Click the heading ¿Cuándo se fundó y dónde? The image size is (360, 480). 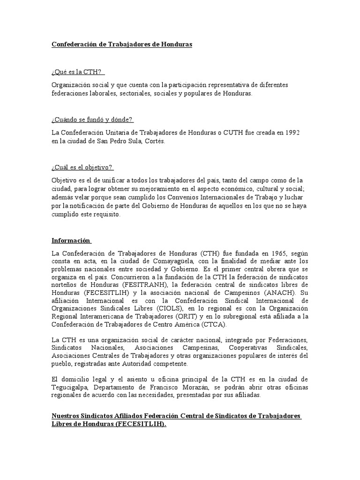(93, 120)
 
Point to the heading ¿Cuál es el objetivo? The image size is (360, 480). (82, 167)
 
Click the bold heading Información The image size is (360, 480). (71, 240)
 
